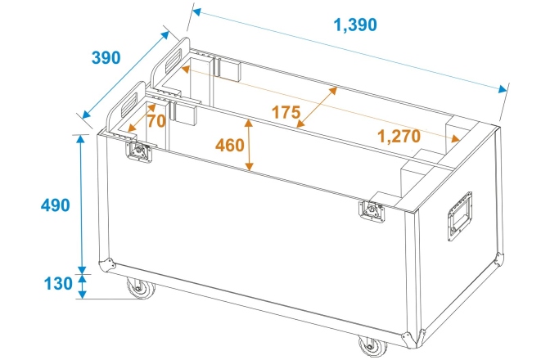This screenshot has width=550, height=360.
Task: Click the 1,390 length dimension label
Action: (x=354, y=25)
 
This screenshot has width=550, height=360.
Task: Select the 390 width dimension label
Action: (x=105, y=58)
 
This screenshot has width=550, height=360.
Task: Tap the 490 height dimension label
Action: (x=56, y=205)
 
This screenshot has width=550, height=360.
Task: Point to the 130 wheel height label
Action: (x=56, y=284)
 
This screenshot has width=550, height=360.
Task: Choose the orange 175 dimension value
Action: (x=286, y=113)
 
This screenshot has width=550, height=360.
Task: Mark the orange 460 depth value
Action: (x=229, y=146)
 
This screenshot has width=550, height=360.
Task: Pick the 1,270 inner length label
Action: (x=400, y=136)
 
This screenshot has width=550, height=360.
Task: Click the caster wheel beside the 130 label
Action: (x=137, y=290)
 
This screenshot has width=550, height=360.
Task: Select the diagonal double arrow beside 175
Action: (x=317, y=106)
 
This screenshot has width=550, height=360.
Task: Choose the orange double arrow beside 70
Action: (x=138, y=116)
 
